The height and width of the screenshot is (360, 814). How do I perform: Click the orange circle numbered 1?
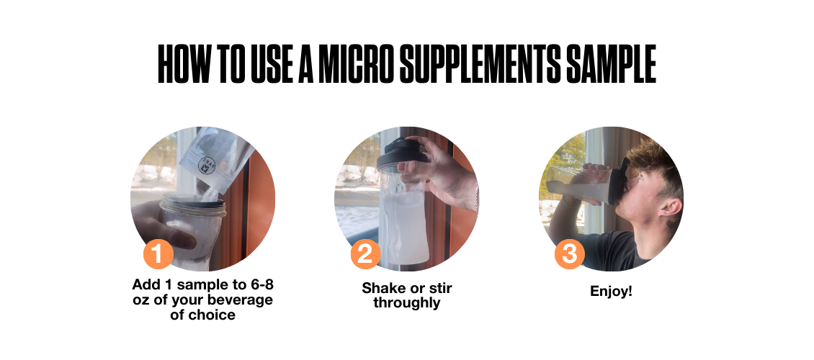point(158,254)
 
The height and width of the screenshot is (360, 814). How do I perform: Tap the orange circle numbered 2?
point(365,254)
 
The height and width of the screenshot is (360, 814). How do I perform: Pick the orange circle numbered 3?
point(570,254)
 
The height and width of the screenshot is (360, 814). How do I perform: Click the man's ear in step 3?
point(671,208)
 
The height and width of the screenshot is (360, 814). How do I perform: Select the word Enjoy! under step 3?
point(612,292)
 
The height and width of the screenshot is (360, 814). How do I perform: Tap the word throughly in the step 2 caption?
point(406,303)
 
